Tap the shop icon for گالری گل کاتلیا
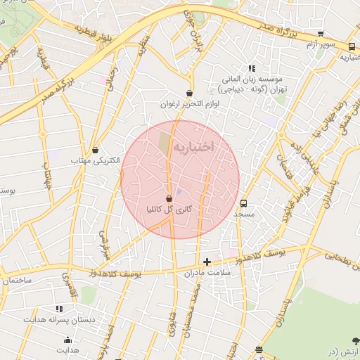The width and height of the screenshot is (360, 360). pos(169,199)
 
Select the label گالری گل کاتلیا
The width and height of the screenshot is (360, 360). pos(168,210)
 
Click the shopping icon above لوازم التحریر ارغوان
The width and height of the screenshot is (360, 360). pos(189,93)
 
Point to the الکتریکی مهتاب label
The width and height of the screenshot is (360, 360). pos(95,161)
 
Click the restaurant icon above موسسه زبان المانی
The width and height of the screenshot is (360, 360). pos(252,68)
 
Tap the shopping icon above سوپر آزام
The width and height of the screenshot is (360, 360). pos(321,33)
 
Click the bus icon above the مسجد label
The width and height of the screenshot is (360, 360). pos(243,202)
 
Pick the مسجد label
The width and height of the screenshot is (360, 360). pos(243,213)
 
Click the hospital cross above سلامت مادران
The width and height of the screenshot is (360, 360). pos(207,262)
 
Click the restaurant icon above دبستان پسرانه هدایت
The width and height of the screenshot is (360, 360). pos(58,309)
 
